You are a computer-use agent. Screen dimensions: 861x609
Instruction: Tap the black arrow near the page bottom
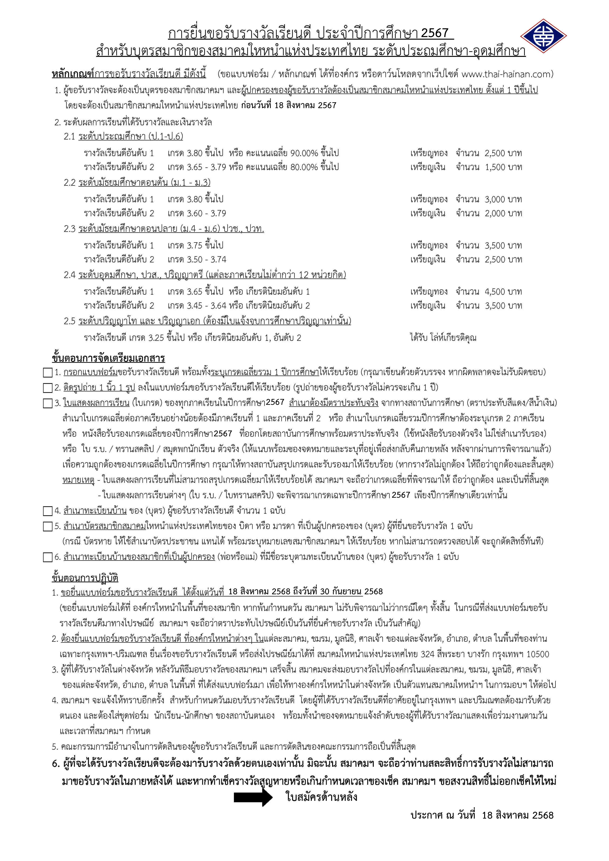pos(253,797)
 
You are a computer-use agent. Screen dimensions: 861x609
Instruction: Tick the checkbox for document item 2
pos(48,388)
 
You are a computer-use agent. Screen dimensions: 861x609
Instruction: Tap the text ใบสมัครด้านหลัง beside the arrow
pos(321,797)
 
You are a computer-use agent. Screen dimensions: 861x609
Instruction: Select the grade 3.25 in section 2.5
pos(156,338)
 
